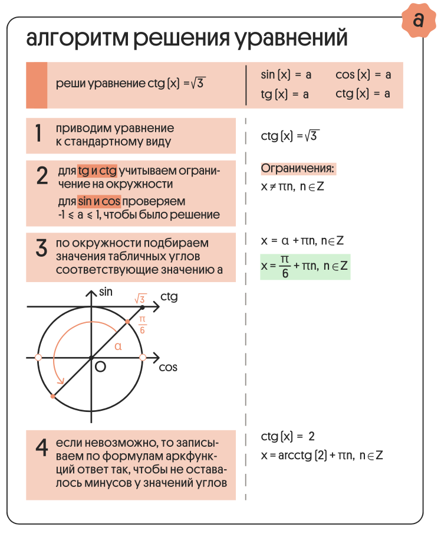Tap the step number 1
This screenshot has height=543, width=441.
[38, 135]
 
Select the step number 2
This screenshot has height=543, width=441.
[42, 176]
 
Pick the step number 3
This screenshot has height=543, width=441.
[41, 247]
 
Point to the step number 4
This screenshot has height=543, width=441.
[41, 449]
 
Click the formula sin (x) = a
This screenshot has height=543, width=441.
[286, 75]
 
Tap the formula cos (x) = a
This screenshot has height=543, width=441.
[363, 75]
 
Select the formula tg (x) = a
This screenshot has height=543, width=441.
[285, 94]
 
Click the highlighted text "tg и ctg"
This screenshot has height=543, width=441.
[97, 172]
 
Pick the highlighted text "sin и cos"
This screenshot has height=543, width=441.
[99, 202]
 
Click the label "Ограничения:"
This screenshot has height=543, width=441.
[298, 169]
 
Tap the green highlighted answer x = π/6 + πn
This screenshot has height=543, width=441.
[305, 267]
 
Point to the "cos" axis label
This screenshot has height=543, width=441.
[168, 367]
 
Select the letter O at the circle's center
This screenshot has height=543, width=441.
[100, 367]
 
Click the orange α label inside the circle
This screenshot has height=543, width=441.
[117, 346]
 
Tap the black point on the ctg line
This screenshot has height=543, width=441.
[143, 308]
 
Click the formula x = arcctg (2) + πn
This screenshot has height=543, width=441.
[322, 455]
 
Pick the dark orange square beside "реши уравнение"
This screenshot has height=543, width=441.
[37, 86]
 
